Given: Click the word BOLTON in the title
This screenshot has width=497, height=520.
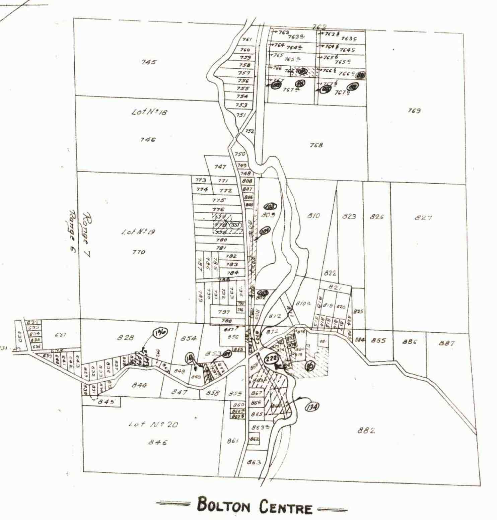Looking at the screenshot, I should [x=223, y=506].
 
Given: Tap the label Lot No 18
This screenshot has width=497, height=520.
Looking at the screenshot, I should [x=149, y=112].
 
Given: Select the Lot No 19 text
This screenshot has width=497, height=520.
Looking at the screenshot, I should [x=138, y=232].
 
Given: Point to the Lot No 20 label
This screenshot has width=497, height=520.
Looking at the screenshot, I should [x=153, y=425].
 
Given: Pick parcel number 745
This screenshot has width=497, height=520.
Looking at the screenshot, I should [x=149, y=62].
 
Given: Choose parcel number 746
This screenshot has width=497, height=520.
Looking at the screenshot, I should [x=148, y=139].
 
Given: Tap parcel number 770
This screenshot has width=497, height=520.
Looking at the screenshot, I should [x=138, y=252].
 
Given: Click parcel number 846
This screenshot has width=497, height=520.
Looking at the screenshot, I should [x=157, y=442].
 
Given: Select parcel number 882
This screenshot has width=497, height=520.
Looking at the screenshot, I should [x=366, y=431].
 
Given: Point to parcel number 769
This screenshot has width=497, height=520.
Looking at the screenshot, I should [x=414, y=111].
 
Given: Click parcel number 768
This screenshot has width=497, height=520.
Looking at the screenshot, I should [x=316, y=145].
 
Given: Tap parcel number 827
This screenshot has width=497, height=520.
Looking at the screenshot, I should [x=423, y=218].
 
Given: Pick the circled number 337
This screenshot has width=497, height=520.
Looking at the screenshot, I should [x=235, y=225].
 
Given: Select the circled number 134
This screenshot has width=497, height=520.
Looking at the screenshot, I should [x=311, y=407].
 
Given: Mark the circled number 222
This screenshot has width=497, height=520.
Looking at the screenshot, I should [x=271, y=358].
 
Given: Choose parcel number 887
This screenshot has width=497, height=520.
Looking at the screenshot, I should [x=447, y=343].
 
